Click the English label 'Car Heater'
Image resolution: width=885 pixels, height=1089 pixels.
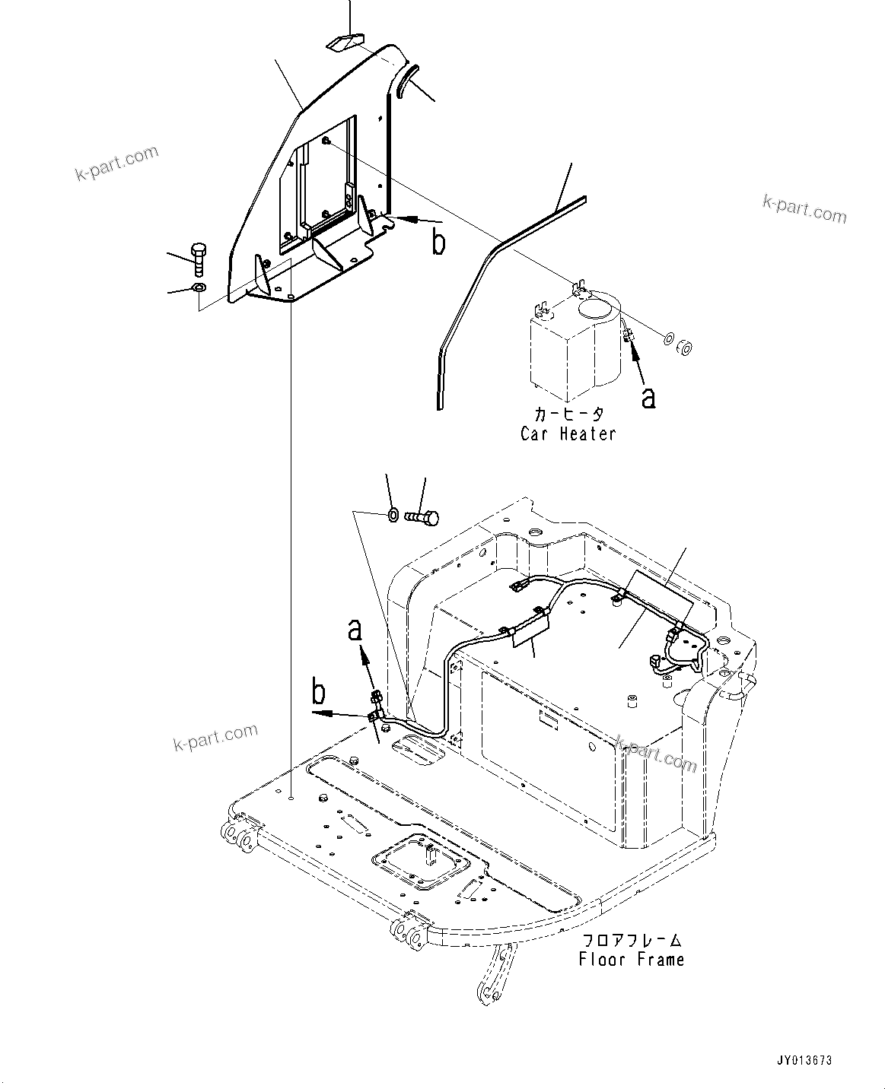pyautogui.click(x=568, y=433)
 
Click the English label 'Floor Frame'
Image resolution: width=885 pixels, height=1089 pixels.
pyautogui.click(x=631, y=959)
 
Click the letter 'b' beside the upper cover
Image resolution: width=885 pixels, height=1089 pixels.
pyautogui.click(x=438, y=242)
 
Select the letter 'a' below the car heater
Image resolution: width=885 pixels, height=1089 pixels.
pyautogui.click(x=648, y=397)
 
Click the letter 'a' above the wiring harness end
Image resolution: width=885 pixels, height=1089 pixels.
pyautogui.click(x=355, y=630)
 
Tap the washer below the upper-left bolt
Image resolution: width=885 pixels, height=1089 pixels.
pyautogui.click(x=198, y=288)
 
